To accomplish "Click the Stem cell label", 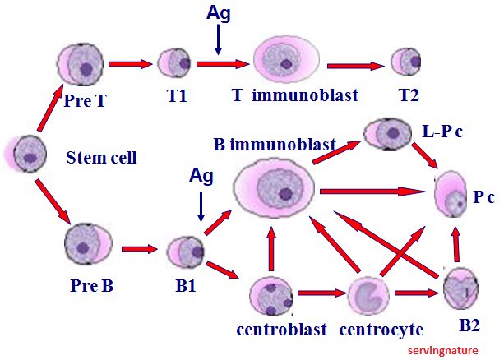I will (x=101, y=157).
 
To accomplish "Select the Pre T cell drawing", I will (x=81, y=65).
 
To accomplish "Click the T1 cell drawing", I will (x=174, y=63).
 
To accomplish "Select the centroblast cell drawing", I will (x=272, y=297).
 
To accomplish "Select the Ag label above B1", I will (x=201, y=175).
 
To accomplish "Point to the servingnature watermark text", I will (x=454, y=349).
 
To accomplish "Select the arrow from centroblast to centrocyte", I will (x=320, y=291).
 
